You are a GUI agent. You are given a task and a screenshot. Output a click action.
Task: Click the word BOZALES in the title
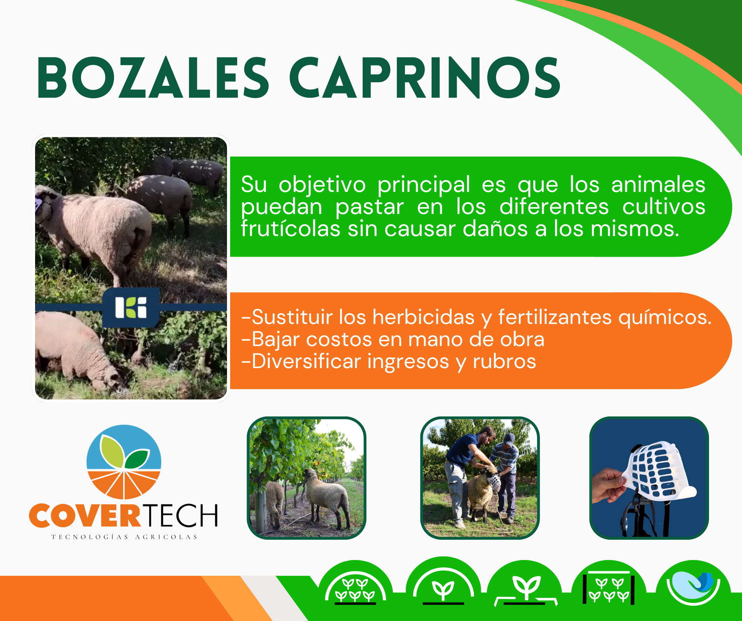(x=153, y=78)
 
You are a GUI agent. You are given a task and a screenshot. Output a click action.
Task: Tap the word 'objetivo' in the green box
(x=322, y=185)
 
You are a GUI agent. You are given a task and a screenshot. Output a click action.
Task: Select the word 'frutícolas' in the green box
(x=290, y=228)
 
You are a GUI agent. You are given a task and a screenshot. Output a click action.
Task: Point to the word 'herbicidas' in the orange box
(x=423, y=317)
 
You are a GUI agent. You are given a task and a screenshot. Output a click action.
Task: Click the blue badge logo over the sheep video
(x=131, y=307)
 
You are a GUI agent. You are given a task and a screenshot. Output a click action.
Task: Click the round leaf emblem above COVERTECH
(x=123, y=462)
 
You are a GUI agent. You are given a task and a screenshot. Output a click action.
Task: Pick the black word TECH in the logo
(x=181, y=516)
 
